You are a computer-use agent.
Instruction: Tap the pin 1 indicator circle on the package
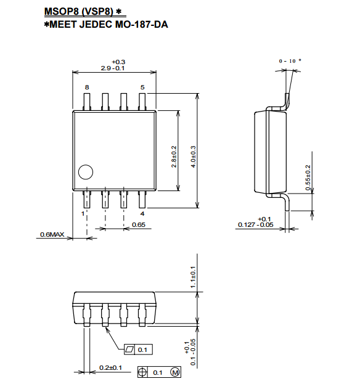point(86,172)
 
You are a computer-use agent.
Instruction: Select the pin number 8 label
point(87,88)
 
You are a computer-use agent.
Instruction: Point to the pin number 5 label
point(142,88)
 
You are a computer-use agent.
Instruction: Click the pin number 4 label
point(142,214)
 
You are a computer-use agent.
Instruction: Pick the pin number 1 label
point(83,214)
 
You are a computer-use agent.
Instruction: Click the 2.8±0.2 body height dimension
point(174,157)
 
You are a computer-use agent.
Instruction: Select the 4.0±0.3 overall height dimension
point(193,157)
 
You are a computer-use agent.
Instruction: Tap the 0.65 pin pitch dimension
point(139,224)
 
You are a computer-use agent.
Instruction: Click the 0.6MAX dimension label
point(52,234)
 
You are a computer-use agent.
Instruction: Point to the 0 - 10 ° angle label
point(290,61)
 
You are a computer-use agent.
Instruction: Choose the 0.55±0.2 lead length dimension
point(308,178)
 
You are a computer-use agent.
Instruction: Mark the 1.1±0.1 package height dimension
point(193,277)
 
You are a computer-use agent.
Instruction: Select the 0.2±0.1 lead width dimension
point(110,367)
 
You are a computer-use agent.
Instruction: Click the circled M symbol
point(175,372)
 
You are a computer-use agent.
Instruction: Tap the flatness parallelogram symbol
point(129,349)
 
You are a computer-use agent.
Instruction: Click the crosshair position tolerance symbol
point(142,372)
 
